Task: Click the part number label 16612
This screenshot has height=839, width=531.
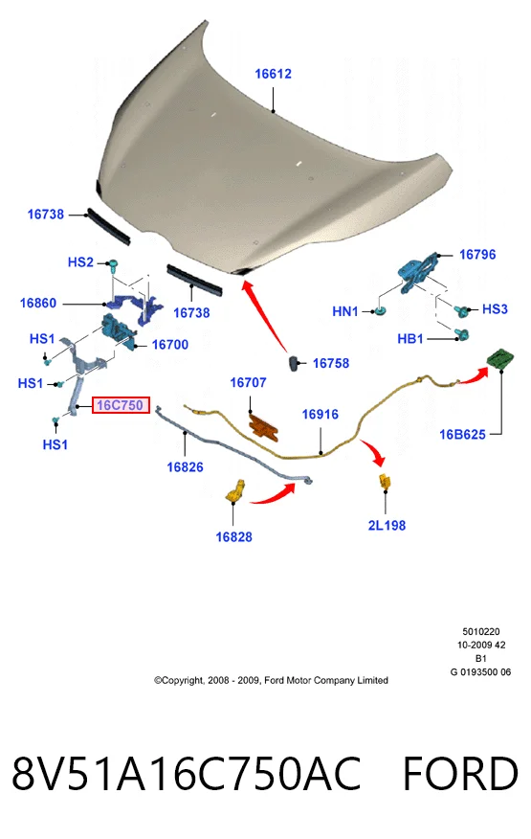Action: point(273,74)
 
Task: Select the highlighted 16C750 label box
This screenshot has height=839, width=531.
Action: point(121,405)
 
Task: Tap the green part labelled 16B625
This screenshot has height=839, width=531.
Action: point(500,358)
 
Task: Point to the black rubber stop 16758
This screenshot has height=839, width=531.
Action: point(296,362)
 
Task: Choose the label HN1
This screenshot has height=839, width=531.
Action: point(344,311)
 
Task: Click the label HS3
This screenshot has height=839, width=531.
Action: point(495,308)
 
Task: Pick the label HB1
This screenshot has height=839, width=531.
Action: point(410,338)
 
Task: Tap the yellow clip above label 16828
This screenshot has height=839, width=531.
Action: point(235,491)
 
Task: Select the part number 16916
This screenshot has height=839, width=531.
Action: point(320,414)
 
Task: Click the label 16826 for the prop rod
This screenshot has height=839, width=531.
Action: point(185,467)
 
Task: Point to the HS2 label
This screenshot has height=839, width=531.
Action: point(80,261)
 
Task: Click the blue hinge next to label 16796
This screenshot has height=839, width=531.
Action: point(419,272)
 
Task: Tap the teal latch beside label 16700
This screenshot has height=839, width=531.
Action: point(119,331)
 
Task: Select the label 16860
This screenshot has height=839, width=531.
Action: point(38,303)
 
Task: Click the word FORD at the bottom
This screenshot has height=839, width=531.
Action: point(460,774)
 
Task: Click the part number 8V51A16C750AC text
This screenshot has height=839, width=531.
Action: point(187,774)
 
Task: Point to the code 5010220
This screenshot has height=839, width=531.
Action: point(481,631)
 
